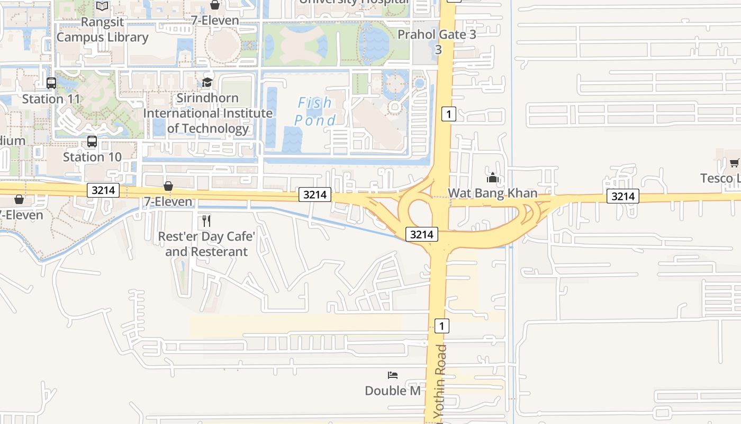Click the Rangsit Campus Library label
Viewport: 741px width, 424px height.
(x=102, y=30)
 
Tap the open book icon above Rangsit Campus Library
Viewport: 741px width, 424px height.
(x=102, y=6)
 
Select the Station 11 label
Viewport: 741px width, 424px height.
(x=51, y=99)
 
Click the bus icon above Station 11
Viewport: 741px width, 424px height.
(x=51, y=83)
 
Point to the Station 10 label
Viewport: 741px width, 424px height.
(x=92, y=157)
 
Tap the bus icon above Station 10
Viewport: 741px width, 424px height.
(x=92, y=142)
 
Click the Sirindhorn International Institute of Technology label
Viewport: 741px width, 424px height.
(x=207, y=113)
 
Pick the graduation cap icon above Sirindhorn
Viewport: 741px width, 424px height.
(x=207, y=83)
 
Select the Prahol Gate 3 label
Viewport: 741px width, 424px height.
(x=437, y=35)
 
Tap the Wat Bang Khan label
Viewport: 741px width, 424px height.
(x=493, y=193)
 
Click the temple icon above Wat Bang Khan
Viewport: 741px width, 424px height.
(x=493, y=178)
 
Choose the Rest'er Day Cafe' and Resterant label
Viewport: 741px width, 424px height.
(x=206, y=244)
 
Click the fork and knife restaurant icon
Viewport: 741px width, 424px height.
(x=206, y=220)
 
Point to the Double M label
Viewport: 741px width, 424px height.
(x=393, y=391)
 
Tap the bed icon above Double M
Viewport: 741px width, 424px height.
(x=393, y=375)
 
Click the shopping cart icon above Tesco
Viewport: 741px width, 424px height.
(x=735, y=163)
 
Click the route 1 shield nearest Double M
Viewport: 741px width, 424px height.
(x=441, y=325)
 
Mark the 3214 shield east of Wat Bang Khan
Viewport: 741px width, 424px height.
(x=623, y=197)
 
